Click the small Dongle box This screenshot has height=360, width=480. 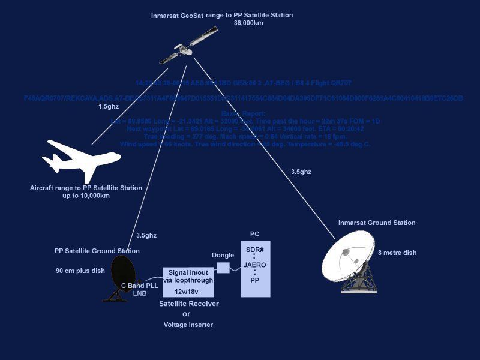pyautogui.click(x=223, y=268)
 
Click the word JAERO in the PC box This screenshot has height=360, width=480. pyautogui.click(x=255, y=265)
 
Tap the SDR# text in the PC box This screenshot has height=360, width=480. pyautogui.click(x=255, y=250)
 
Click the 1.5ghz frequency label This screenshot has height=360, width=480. pyautogui.click(x=109, y=107)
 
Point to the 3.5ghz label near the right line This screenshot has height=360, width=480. pyautogui.click(x=301, y=172)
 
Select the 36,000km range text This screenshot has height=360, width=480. pyautogui.click(x=249, y=22)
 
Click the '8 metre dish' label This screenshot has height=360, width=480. pyautogui.click(x=397, y=253)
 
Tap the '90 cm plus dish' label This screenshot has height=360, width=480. pyautogui.click(x=80, y=271)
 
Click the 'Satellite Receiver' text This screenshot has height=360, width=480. pyautogui.click(x=188, y=304)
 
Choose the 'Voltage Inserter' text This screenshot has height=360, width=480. pyautogui.click(x=188, y=325)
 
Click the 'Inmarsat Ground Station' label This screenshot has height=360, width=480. pyautogui.click(x=377, y=223)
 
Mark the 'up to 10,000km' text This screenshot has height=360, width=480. pyautogui.click(x=86, y=196)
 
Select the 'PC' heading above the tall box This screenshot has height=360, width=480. pyautogui.click(x=255, y=233)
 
